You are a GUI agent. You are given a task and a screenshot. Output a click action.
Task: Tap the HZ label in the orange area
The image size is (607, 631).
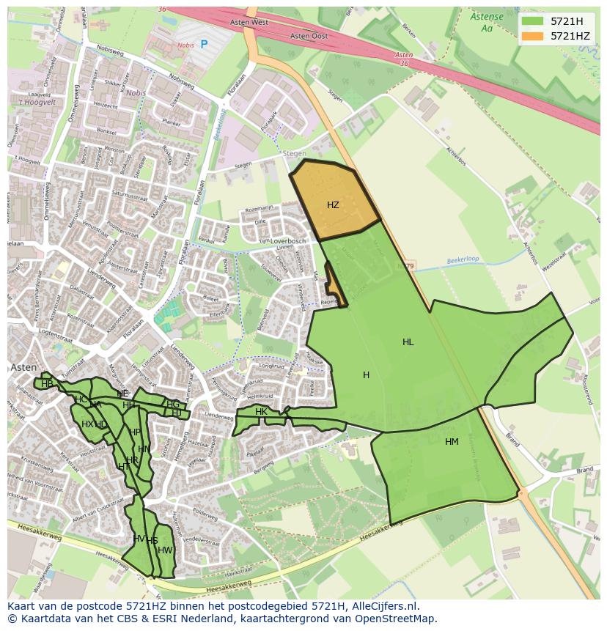tap(333, 205)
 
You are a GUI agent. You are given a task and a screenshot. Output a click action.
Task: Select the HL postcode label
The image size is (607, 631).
tap(408, 342)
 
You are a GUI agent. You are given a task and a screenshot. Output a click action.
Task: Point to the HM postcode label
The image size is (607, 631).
tap(452, 442)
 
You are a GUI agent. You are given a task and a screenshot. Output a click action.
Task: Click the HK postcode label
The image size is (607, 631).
tap(261, 412)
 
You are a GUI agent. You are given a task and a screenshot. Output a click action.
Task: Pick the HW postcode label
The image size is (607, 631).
tap(165, 550)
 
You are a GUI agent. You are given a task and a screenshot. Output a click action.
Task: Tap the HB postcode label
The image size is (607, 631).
tap(47, 383)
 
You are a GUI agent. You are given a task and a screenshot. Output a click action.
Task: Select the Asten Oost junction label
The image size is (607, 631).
tap(309, 36)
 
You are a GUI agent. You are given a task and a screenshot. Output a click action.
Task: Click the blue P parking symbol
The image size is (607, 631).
tap(204, 44)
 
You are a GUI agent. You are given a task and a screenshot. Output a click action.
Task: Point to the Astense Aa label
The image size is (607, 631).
tap(487, 23)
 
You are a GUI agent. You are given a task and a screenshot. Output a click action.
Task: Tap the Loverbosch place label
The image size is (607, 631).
tap(287, 240)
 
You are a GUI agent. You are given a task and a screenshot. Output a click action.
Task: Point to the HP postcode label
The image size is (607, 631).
tap(134, 432)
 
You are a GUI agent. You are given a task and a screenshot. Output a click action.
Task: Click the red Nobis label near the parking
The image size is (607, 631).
tap(185, 45)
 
